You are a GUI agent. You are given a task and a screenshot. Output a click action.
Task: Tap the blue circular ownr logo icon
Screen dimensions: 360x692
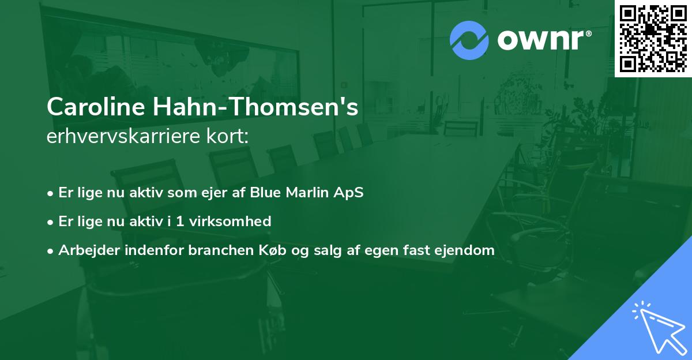click(469, 40)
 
